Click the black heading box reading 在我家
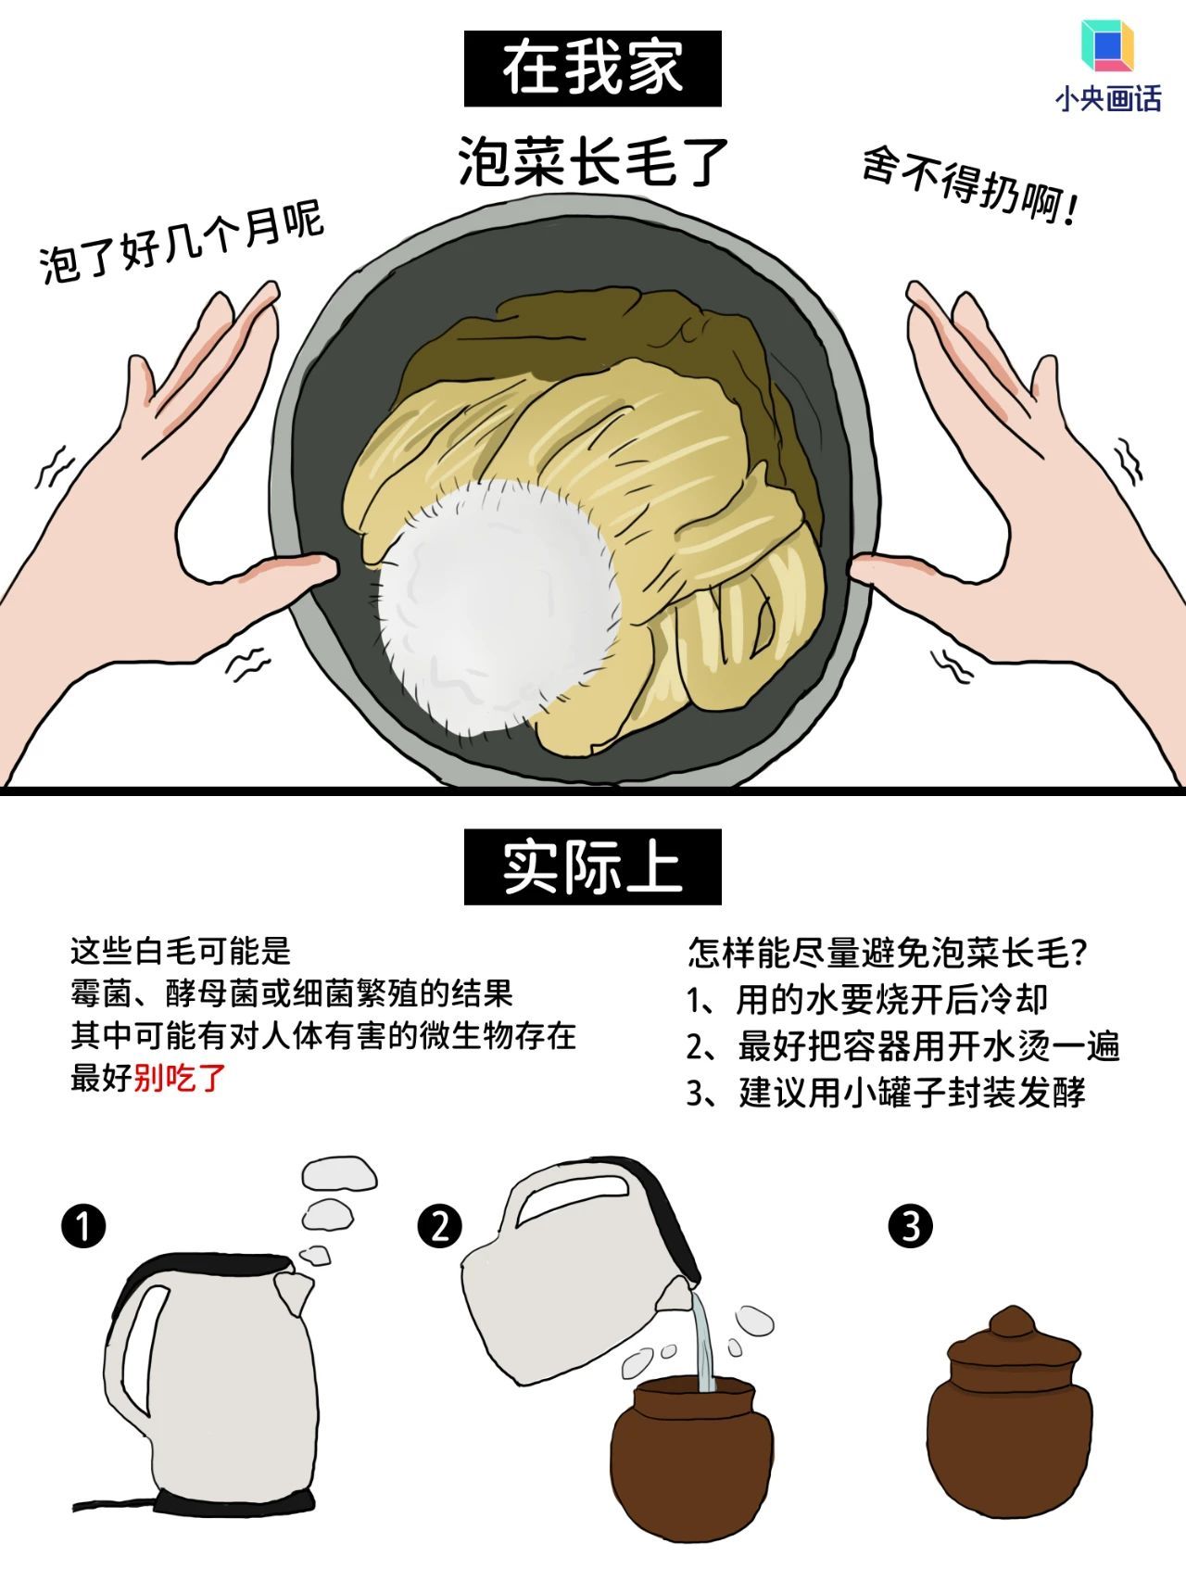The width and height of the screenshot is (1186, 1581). coord(592,69)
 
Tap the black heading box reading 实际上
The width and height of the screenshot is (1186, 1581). coord(592,866)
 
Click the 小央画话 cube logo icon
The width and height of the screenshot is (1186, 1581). coord(1107,46)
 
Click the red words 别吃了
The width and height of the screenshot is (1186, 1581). coord(180,1078)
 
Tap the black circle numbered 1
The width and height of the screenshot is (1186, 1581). coord(83,1226)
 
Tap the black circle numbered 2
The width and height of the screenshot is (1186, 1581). coord(439,1226)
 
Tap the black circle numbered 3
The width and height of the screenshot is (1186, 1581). coord(910,1226)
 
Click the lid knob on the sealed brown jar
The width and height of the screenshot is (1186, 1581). coord(1013,1320)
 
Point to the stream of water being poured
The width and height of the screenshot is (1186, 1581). coord(703,1344)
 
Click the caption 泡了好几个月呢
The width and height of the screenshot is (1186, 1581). coord(181,243)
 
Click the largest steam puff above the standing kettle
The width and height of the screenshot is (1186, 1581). coord(340,1172)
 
